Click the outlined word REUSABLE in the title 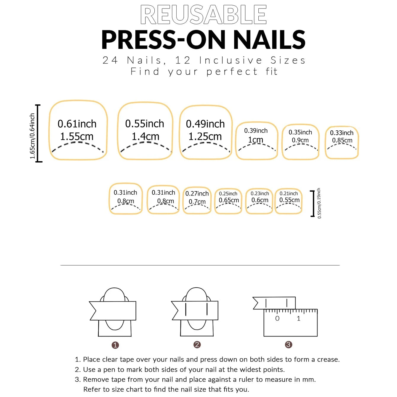point(204,15)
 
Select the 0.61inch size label point(77,124)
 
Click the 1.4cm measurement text point(145,137)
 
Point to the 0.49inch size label point(205,124)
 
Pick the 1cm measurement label point(256,140)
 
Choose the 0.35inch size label point(300,132)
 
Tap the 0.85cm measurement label point(342,140)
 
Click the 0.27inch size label point(197,194)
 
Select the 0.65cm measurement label point(229,200)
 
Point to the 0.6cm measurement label point(260,200)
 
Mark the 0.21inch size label point(289,193)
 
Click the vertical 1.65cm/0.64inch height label point(32,136)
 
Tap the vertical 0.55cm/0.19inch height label point(319,203)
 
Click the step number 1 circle point(115,345)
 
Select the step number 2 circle point(197,345)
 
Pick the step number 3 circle point(288,345)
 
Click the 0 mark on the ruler point(277,318)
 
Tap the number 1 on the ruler point(299,318)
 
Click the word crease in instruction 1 point(328,360)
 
